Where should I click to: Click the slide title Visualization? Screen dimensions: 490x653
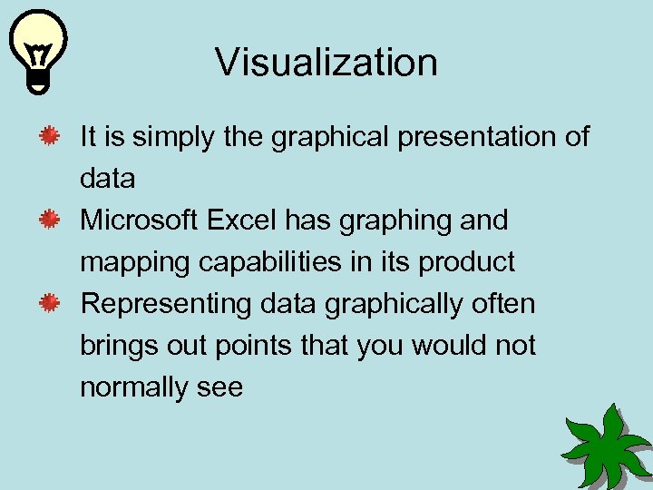[326, 63]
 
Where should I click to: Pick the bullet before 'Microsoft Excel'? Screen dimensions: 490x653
[50, 220]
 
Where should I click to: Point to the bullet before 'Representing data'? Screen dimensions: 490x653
[50, 303]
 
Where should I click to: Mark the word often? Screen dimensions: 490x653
[503, 304]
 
